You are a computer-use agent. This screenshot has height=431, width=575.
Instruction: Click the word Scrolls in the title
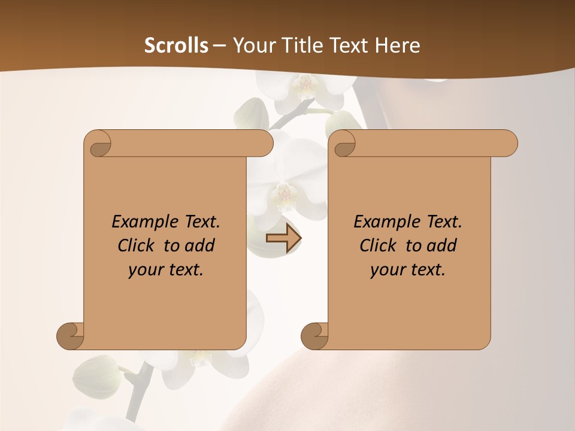(x=176, y=45)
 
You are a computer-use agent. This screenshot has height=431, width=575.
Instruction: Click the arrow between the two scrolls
(x=283, y=239)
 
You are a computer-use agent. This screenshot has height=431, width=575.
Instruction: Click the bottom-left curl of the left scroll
(x=71, y=336)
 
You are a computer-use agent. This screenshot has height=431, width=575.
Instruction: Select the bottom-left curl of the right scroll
(x=315, y=336)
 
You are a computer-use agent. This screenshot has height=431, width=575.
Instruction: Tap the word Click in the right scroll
(x=378, y=245)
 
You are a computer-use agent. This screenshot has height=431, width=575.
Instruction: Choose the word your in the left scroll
(x=144, y=270)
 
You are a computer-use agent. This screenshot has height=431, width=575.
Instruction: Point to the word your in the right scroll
(x=386, y=270)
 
